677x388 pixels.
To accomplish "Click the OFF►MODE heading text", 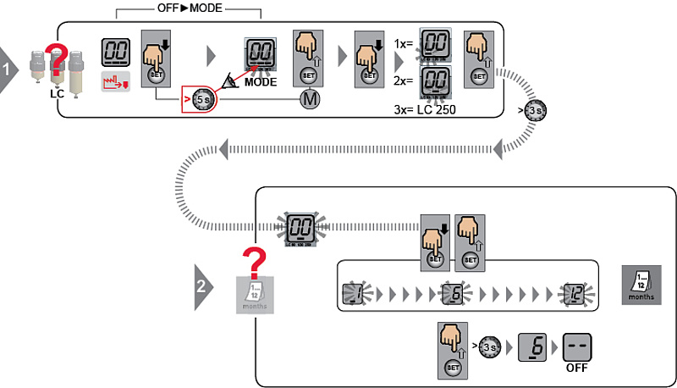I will pyautogui.click(x=187, y=9).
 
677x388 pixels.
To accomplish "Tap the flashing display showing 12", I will pyautogui.click(x=575, y=293).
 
